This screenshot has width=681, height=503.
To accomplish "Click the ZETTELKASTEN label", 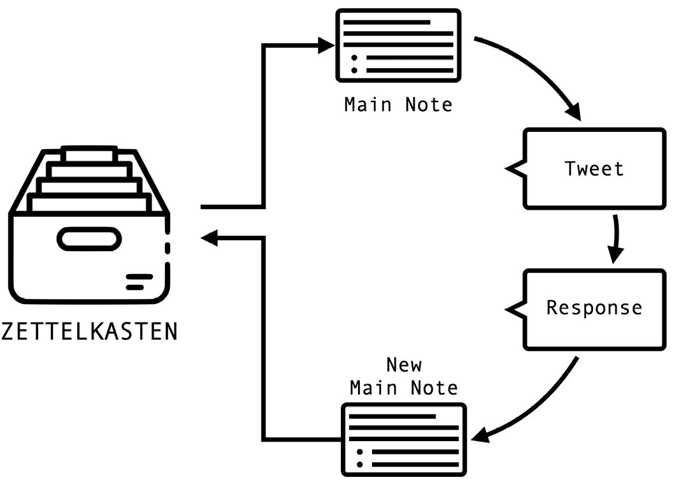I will tap(89, 332).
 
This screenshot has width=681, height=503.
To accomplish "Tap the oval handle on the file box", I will tap(89, 239).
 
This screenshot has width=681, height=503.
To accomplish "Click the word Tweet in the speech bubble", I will tap(594, 169).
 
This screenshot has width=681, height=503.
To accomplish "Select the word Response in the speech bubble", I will tap(594, 309).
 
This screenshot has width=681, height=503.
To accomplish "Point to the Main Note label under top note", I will tap(398, 105).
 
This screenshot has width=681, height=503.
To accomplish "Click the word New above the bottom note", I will tap(404, 365).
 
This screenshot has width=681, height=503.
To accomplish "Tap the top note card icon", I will tap(398, 45).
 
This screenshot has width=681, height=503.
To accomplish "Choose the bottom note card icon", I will tap(404, 439).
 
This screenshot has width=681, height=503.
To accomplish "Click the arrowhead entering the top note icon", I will tap(326, 45).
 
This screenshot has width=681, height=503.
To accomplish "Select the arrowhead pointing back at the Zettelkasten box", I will tap(210, 238).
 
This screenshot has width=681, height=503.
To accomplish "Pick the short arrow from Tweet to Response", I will tap(616, 239).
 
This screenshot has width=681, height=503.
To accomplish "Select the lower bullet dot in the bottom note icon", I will tap(360, 464).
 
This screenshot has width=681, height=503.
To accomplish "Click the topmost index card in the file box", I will tap(89, 154).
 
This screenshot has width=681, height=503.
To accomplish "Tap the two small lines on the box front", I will tap(138, 282).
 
